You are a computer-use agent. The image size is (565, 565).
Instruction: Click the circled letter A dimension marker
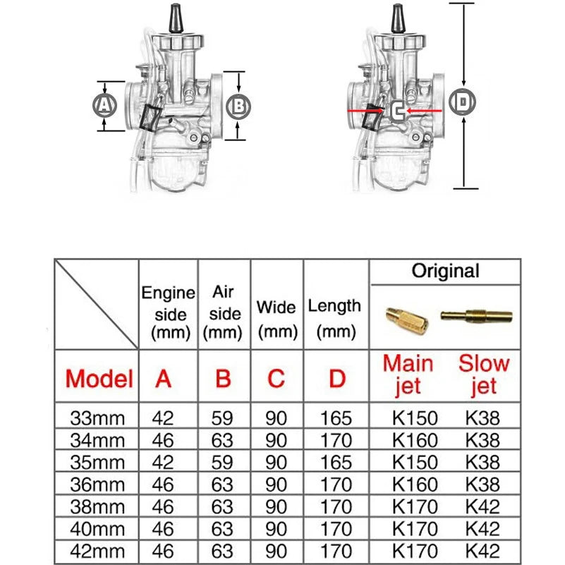[x=104, y=106]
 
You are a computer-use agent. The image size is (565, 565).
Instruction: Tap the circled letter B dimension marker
[x=239, y=107]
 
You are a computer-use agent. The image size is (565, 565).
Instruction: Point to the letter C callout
[x=397, y=111]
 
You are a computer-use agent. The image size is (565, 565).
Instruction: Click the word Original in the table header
[x=445, y=271]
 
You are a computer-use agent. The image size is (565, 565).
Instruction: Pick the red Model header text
[x=99, y=379]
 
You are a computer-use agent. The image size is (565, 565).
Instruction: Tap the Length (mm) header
[x=335, y=317]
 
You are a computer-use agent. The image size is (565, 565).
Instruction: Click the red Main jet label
[x=408, y=375]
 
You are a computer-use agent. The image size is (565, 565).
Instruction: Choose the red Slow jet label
[x=483, y=375]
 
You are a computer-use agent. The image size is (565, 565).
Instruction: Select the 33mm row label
[x=98, y=418]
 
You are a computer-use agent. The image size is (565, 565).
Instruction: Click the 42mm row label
[x=98, y=551]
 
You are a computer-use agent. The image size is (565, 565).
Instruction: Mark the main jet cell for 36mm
[x=415, y=485]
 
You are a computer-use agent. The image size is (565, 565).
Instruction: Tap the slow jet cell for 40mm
[x=483, y=529]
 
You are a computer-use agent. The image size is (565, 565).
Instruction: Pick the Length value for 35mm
[x=336, y=463]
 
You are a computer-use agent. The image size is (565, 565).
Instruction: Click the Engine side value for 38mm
[x=163, y=507]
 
